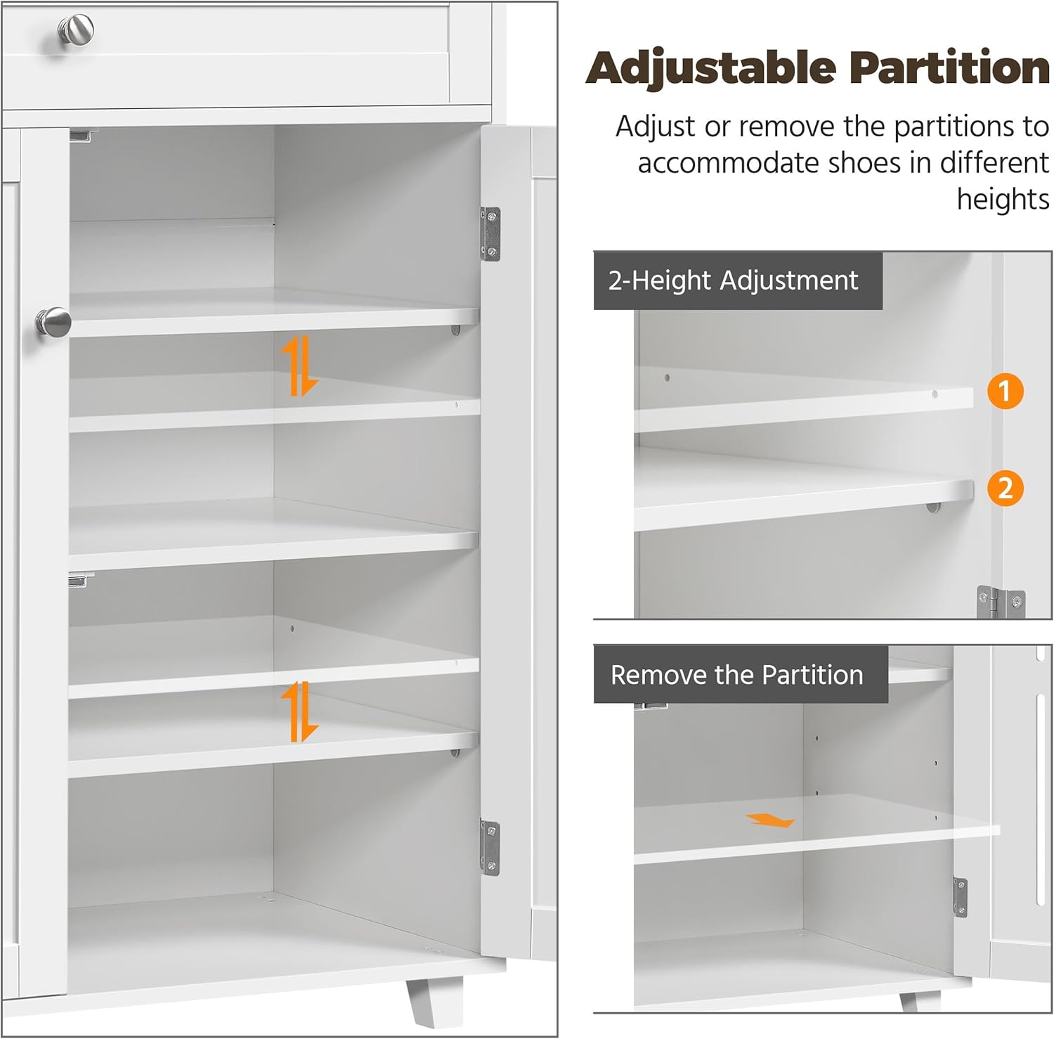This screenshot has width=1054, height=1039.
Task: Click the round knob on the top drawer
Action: (76, 30)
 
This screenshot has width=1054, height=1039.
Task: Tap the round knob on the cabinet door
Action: (53, 323)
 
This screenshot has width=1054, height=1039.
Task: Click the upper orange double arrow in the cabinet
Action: (299, 366)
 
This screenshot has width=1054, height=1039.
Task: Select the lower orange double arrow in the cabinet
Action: (299, 711)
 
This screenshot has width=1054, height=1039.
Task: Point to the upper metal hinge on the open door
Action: (490, 234)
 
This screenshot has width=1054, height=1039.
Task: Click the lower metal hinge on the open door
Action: (490, 848)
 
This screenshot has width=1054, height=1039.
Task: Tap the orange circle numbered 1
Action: (1005, 390)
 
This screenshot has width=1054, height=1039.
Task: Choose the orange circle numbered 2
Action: (1005, 488)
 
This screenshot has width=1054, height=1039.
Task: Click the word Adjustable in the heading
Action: (712, 69)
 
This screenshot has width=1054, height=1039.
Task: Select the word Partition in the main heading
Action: (949, 67)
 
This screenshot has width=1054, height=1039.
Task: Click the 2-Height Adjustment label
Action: (734, 280)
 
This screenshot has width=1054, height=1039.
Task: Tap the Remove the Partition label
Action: (737, 675)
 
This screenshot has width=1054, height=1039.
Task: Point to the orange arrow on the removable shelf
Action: (770, 820)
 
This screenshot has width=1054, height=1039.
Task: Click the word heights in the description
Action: (1003, 200)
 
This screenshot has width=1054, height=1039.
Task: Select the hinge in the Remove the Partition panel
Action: (960, 897)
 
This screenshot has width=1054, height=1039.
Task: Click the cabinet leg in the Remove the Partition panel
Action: (920, 1001)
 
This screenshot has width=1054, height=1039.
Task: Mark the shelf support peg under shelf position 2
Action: (933, 507)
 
